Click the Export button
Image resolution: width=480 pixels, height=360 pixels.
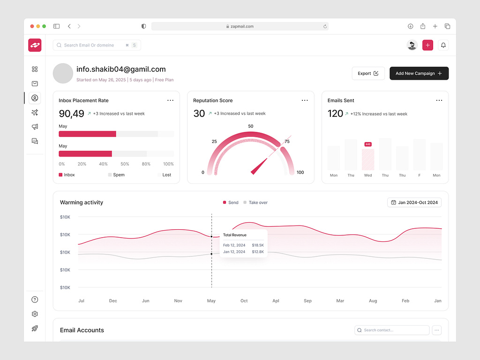(368, 74)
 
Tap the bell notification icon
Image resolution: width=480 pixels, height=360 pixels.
(443, 45)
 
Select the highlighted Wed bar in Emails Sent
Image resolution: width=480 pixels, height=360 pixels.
(368, 159)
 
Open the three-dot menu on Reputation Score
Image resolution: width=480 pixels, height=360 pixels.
(305, 100)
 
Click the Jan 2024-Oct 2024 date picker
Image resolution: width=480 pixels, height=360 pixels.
(414, 202)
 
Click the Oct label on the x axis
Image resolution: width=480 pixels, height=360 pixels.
(244, 301)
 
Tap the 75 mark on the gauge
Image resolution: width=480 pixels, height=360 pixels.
(287, 142)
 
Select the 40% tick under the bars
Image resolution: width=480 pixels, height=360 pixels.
(103, 164)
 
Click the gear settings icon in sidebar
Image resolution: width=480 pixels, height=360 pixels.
(35, 314)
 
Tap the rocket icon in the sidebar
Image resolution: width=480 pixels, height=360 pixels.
(35, 329)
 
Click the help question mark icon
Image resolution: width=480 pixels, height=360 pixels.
(35, 300)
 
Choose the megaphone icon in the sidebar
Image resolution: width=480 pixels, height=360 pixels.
(35, 127)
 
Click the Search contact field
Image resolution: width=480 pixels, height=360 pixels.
(392, 330)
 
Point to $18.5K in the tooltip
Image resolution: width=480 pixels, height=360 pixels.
(258, 245)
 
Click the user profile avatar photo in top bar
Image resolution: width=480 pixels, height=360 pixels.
(412, 45)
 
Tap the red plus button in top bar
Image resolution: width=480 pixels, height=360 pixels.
(427, 45)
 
